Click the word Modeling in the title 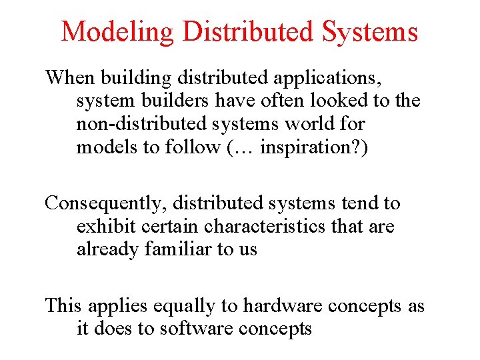click(116, 31)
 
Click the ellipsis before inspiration click(243, 147)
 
